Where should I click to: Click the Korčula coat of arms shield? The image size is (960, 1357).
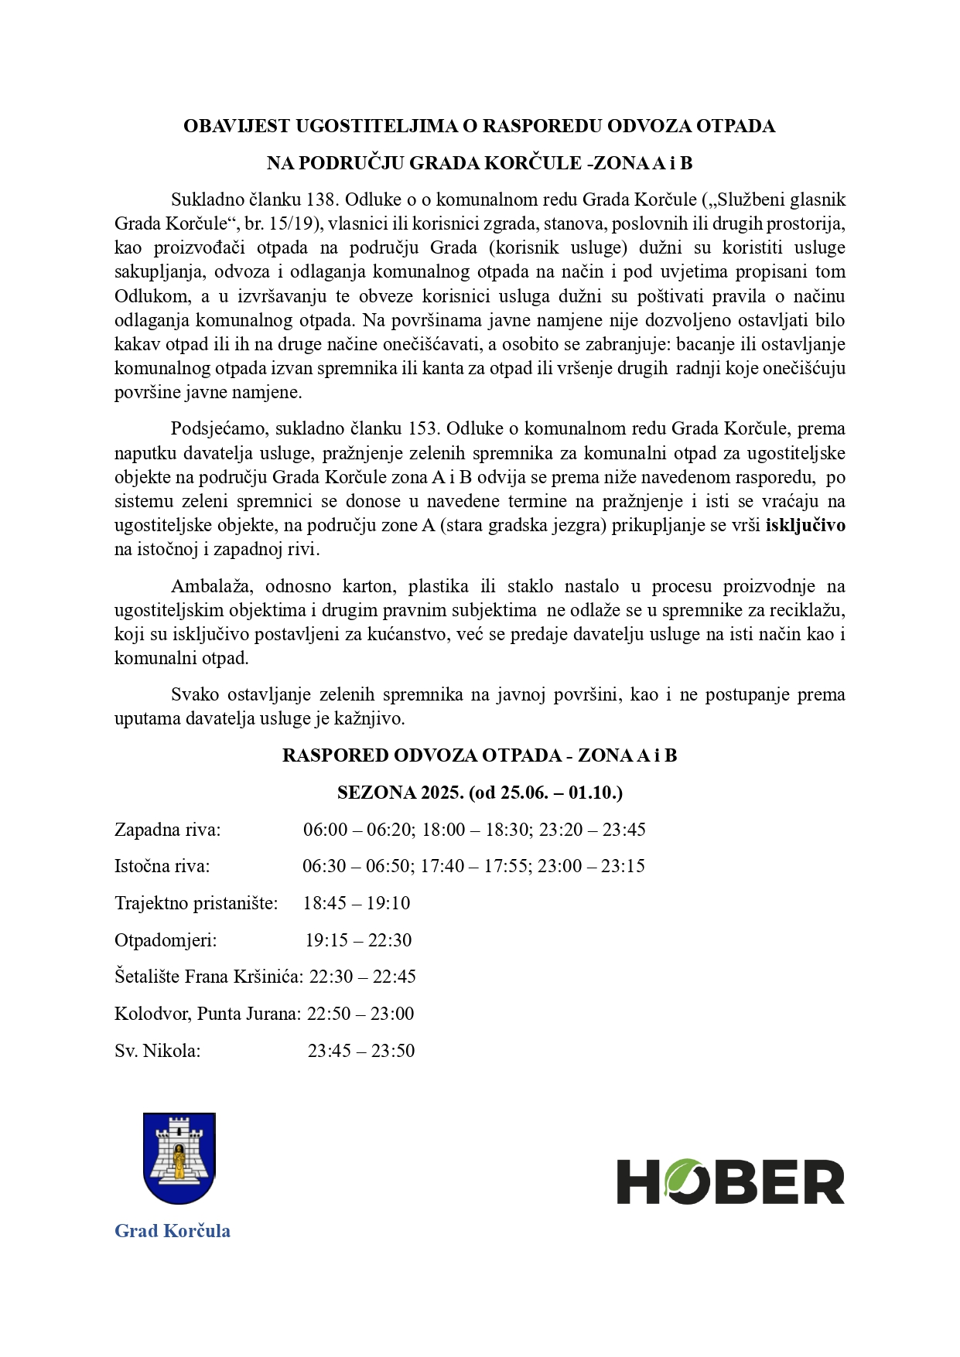click(x=179, y=1158)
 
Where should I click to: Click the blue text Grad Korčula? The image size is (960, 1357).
click(x=173, y=1230)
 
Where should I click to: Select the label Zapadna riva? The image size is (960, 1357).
click(x=167, y=830)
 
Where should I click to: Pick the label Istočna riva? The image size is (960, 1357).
click(x=162, y=866)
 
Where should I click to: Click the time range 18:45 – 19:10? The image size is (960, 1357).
click(x=357, y=903)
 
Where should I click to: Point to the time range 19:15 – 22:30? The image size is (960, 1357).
click(x=358, y=940)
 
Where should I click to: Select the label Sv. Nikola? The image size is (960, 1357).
click(x=157, y=1051)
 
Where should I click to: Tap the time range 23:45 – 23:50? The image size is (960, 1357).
click(x=361, y=1051)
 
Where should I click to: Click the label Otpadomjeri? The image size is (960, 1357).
click(x=166, y=940)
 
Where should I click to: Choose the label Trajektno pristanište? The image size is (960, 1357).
click(x=196, y=903)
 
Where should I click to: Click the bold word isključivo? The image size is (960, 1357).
click(x=805, y=526)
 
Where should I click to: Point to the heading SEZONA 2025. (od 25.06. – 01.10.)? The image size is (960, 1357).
click(x=480, y=793)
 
